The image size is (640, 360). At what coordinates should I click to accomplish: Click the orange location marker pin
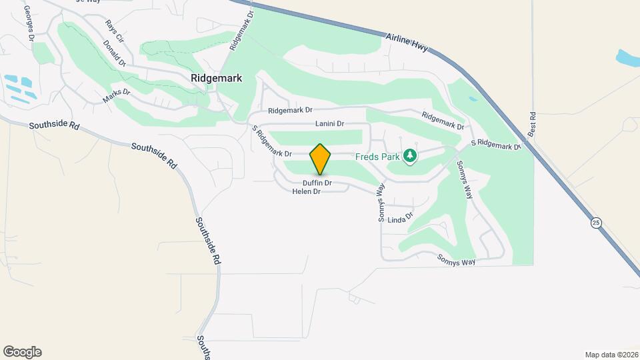tap(320, 159)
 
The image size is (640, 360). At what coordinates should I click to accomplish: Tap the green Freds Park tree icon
tap(410, 156)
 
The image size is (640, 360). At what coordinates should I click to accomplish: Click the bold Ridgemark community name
tap(216, 78)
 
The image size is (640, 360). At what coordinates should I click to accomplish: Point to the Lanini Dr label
tap(329, 124)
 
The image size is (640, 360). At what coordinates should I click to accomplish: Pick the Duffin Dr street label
tap(317, 183)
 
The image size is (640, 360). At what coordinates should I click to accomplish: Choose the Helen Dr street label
tap(307, 191)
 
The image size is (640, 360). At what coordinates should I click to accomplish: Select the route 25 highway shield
tap(596, 222)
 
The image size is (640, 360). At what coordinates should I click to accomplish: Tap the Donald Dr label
tap(115, 54)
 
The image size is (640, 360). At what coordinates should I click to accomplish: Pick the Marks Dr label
tap(116, 96)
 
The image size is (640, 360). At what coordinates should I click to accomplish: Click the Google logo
tap(22, 352)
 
